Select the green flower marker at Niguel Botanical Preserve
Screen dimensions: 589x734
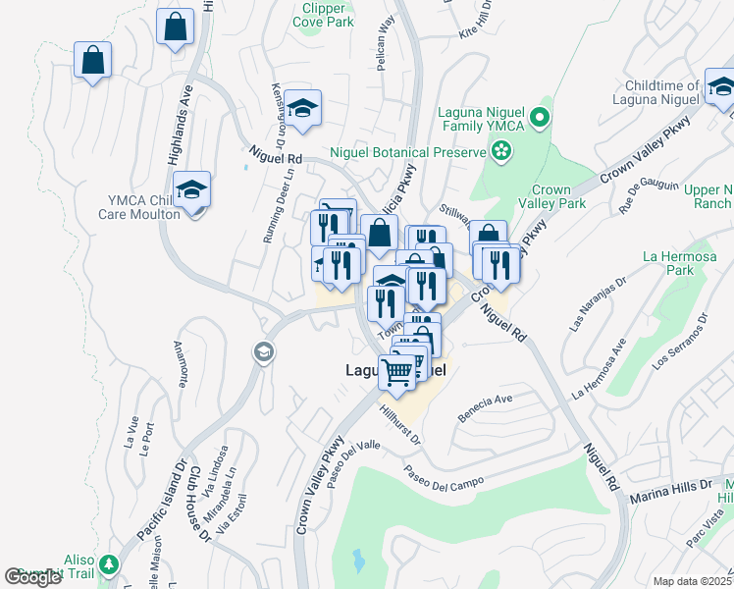pos(501,151)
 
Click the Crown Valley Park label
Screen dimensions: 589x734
pos(557,197)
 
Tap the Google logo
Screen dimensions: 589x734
pos(33,577)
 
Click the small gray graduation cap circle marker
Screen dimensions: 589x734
pos(262,351)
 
